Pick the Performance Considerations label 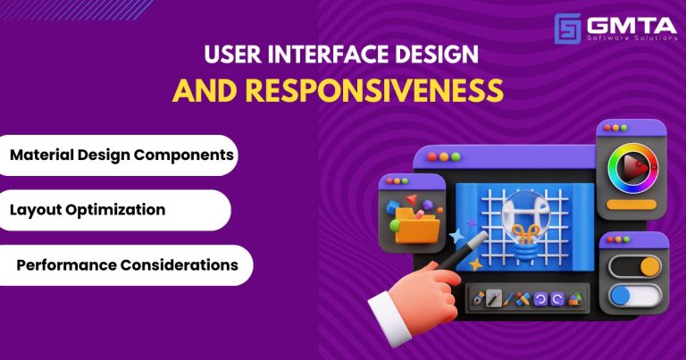pyautogui.click(x=127, y=265)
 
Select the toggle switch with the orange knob pyautogui.click(x=633, y=265)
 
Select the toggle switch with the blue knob pyautogui.click(x=633, y=296)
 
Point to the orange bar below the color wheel pyautogui.click(x=632, y=206)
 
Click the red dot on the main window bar pyautogui.click(x=432, y=156)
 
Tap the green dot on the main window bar pyautogui.click(x=456, y=156)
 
